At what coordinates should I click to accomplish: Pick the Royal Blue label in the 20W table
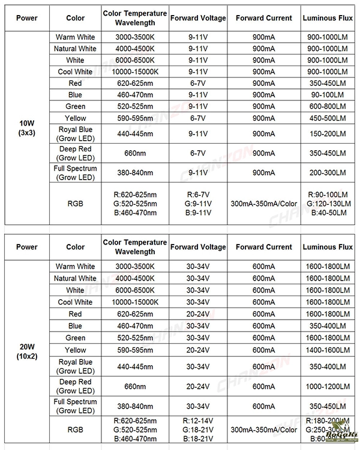coord(75,366)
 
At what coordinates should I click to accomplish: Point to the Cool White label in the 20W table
coord(75,302)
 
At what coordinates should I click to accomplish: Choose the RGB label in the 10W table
coord(75,204)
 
